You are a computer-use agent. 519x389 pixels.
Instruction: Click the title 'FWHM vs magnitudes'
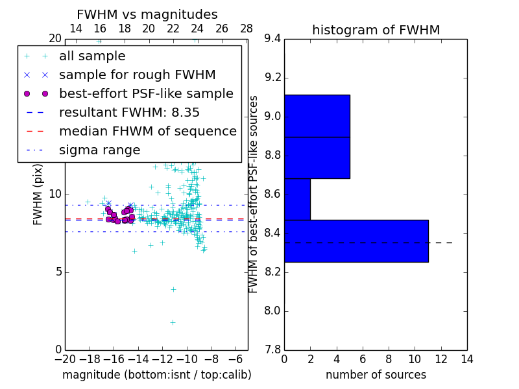tap(147, 15)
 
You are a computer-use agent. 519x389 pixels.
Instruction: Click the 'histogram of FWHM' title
tap(376, 30)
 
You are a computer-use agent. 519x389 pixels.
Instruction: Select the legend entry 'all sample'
tap(92, 56)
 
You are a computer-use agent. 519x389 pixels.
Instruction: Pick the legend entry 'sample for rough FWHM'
tap(137, 75)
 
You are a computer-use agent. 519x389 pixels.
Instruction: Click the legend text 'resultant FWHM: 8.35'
tap(129, 112)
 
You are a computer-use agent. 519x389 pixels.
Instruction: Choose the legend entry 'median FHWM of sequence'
tap(147, 131)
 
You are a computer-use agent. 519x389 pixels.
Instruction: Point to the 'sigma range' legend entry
tap(99, 150)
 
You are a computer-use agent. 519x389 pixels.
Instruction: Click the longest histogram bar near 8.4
tap(356, 241)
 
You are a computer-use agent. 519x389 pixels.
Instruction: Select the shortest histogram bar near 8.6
tap(297, 199)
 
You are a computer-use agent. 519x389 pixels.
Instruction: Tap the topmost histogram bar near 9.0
tap(317, 116)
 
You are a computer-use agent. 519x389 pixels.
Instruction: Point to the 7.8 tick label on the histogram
tap(272, 349)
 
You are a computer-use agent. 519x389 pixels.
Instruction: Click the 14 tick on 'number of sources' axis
tap(466, 359)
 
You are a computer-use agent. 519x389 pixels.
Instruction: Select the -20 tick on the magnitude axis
tap(65, 359)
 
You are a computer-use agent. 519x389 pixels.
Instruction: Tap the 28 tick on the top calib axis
tap(247, 29)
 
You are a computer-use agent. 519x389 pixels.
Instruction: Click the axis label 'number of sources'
tap(376, 375)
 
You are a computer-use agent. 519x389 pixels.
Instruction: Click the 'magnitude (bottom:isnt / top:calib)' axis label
tap(156, 375)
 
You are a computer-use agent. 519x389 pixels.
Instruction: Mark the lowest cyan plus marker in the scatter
tap(173, 322)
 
